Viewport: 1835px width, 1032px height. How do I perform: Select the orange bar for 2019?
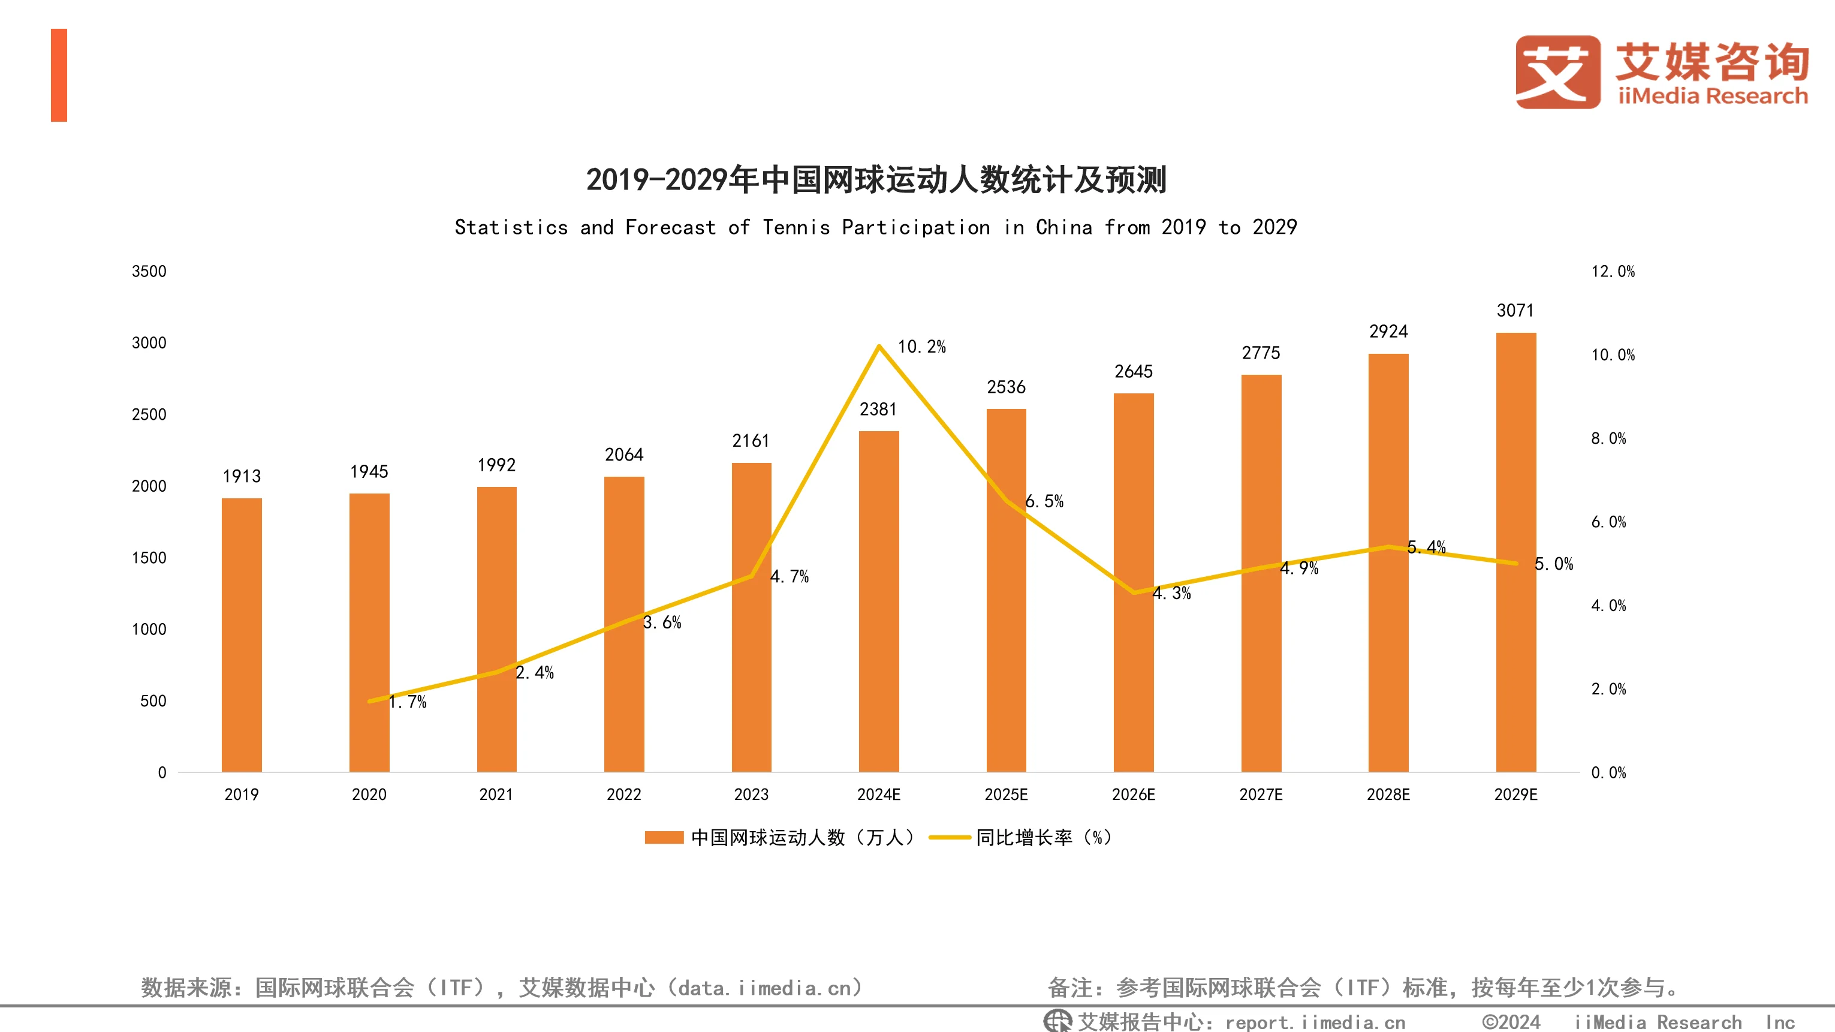pyautogui.click(x=242, y=634)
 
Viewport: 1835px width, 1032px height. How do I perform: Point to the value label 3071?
pyautogui.click(x=1515, y=311)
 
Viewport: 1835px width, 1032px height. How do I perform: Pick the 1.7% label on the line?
pyautogui.click(x=408, y=702)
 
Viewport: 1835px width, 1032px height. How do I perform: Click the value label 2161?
pyautogui.click(x=751, y=441)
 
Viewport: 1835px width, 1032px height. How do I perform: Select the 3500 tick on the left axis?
pyautogui.click(x=149, y=272)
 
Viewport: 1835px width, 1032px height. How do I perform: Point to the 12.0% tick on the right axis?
pyautogui.click(x=1613, y=272)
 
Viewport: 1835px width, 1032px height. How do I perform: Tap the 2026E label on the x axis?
pyautogui.click(x=1134, y=795)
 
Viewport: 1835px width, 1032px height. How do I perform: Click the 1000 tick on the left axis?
pyautogui.click(x=149, y=629)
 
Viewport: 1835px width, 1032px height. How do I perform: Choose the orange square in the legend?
pyautogui.click(x=663, y=838)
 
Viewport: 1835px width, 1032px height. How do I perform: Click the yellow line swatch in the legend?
pyautogui.click(x=950, y=838)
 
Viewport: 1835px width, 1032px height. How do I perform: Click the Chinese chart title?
pyautogui.click(x=876, y=180)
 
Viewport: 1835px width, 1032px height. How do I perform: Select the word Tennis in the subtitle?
pyautogui.click(x=796, y=227)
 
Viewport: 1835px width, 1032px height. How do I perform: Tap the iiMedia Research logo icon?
pyautogui.click(x=1557, y=73)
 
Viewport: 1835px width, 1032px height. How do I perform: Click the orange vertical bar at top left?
pyautogui.click(x=59, y=75)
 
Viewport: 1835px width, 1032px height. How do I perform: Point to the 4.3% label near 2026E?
pyautogui.click(x=1172, y=593)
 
